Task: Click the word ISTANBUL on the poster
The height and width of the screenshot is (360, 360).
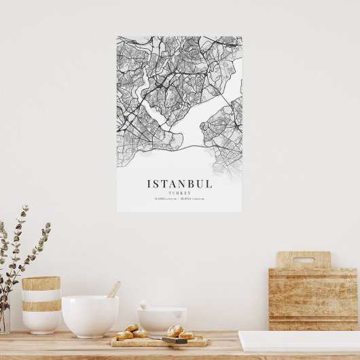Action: point(179,183)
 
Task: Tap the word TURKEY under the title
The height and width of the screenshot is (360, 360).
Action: point(179,193)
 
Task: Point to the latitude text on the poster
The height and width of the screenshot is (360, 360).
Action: point(166,199)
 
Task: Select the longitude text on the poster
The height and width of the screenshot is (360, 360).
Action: point(194,199)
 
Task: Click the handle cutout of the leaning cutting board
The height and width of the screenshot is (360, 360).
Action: point(303,260)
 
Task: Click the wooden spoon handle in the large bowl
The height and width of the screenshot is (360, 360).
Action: point(114,289)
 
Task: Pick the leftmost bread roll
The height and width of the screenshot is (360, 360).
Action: point(125,334)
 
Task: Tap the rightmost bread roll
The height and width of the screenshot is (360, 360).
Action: point(186,335)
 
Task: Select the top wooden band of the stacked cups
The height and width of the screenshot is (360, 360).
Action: point(41,283)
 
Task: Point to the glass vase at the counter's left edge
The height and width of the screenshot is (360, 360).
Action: point(4,319)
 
